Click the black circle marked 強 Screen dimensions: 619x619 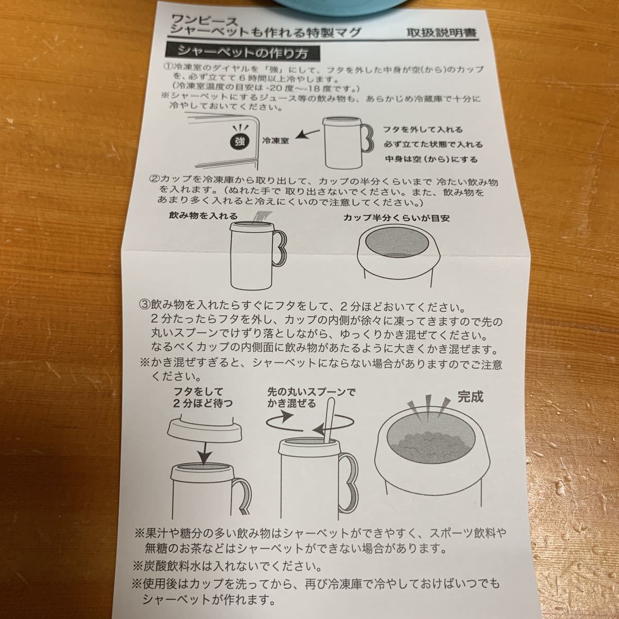click(240, 141)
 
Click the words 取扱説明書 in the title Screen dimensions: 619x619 click(442, 33)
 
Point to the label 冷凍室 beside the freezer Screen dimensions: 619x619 click(275, 141)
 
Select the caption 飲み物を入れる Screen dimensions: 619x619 click(203, 216)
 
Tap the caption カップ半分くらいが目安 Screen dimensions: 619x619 click(396, 218)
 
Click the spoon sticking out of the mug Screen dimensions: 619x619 click(329, 419)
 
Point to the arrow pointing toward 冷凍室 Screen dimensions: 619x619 click(307, 134)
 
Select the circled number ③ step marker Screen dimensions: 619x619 click(144, 304)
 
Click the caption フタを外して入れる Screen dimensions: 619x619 click(423, 129)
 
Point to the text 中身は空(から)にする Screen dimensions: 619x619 click(431, 159)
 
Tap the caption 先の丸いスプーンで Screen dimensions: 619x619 click(312, 392)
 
